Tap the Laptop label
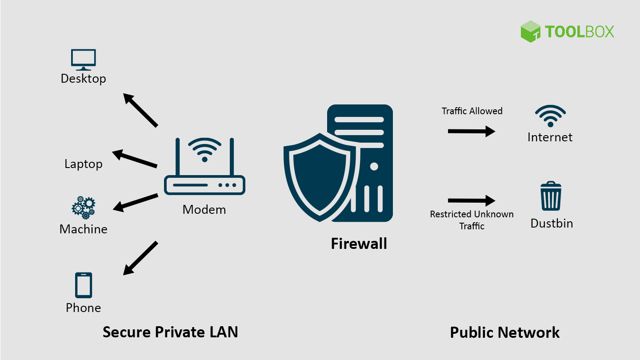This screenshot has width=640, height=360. (84, 164)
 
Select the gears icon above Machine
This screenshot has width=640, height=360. (84, 207)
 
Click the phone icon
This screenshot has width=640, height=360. (84, 285)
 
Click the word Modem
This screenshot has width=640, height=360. (204, 209)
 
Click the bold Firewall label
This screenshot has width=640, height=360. (359, 244)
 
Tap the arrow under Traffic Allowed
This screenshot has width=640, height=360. (471, 131)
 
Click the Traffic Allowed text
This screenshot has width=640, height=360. (472, 111)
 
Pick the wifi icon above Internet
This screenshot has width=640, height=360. (550, 116)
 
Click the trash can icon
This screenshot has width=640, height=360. (551, 196)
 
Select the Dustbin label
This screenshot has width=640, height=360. (552, 223)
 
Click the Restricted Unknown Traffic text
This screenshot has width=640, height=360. (472, 220)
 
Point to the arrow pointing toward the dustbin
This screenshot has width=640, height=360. (471, 200)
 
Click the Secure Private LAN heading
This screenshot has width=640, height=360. (170, 332)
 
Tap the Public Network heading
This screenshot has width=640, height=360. (505, 332)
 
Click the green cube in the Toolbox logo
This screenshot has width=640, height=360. (530, 32)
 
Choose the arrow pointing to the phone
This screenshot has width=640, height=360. (140, 258)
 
